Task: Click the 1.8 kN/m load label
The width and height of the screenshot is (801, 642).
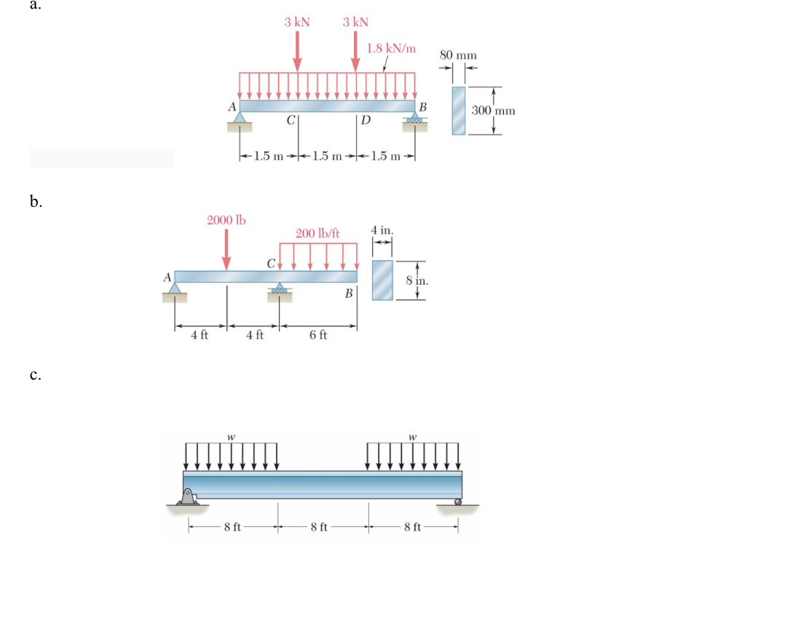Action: pos(391,49)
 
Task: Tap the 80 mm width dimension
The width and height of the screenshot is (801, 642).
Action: pos(458,55)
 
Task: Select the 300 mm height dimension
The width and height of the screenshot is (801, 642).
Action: pos(493,111)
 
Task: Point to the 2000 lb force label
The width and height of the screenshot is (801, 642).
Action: pos(226,220)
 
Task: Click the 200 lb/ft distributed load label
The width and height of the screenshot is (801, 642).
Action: pos(317,234)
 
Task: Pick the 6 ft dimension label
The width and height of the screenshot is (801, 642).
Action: pos(318,335)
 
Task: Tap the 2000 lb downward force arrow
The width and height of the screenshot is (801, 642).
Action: pos(226,249)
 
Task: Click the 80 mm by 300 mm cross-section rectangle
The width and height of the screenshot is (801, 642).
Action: pos(459,111)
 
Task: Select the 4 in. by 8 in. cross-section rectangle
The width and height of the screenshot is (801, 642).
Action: pos(382,280)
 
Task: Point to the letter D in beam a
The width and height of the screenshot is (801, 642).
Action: pos(366,120)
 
